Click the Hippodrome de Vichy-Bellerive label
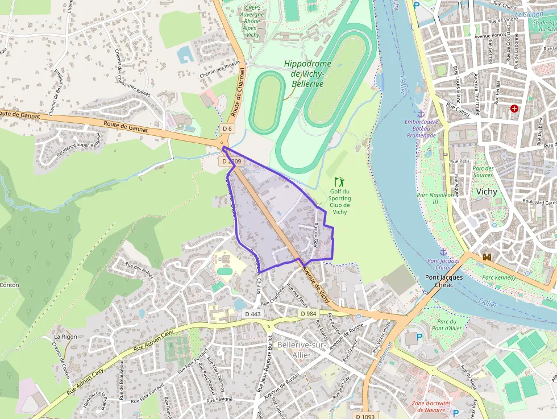307,74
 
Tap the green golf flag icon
340,182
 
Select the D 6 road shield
227,128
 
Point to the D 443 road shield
253,314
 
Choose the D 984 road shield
308,314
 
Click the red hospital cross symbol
514,108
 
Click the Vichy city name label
487,192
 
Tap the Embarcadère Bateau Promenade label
421,128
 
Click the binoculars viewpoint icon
487,257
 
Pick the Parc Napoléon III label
436,198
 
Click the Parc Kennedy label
499,277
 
